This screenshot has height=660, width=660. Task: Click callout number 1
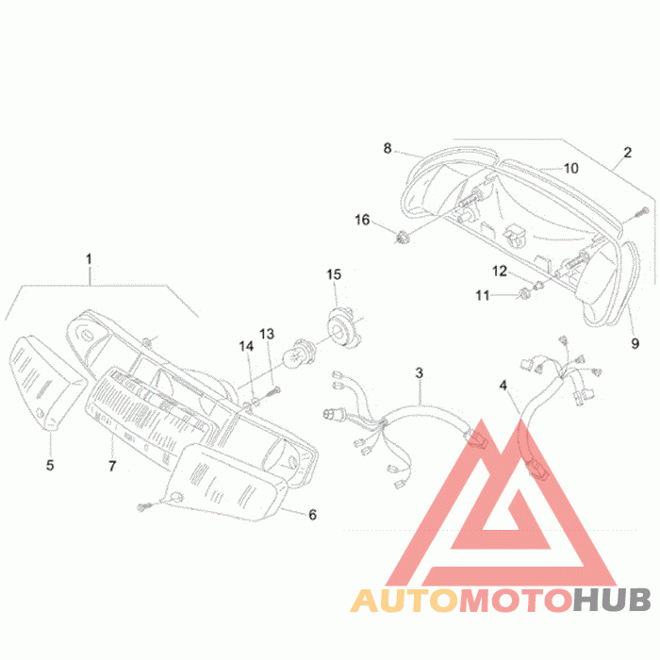click(89, 259)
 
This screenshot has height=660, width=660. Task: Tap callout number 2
click(627, 153)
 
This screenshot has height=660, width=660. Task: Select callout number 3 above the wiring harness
click(419, 372)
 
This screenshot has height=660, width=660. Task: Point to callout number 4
click(503, 385)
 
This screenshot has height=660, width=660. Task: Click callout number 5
click(50, 465)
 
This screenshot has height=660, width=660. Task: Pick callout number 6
click(312, 515)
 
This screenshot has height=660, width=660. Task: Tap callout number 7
click(112, 466)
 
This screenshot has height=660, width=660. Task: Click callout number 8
click(388, 148)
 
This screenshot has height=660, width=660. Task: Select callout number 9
click(635, 343)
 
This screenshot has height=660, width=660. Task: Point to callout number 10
click(570, 169)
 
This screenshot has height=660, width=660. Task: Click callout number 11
click(483, 295)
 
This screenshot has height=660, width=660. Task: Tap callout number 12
click(500, 272)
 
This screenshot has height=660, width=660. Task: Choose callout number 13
click(267, 334)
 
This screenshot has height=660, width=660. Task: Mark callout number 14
click(246, 346)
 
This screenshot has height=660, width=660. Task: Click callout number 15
click(334, 274)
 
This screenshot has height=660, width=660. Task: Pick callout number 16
click(362, 220)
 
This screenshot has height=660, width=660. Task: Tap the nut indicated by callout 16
click(403, 238)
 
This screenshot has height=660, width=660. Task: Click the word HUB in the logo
click(613, 600)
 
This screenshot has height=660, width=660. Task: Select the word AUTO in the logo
click(405, 600)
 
